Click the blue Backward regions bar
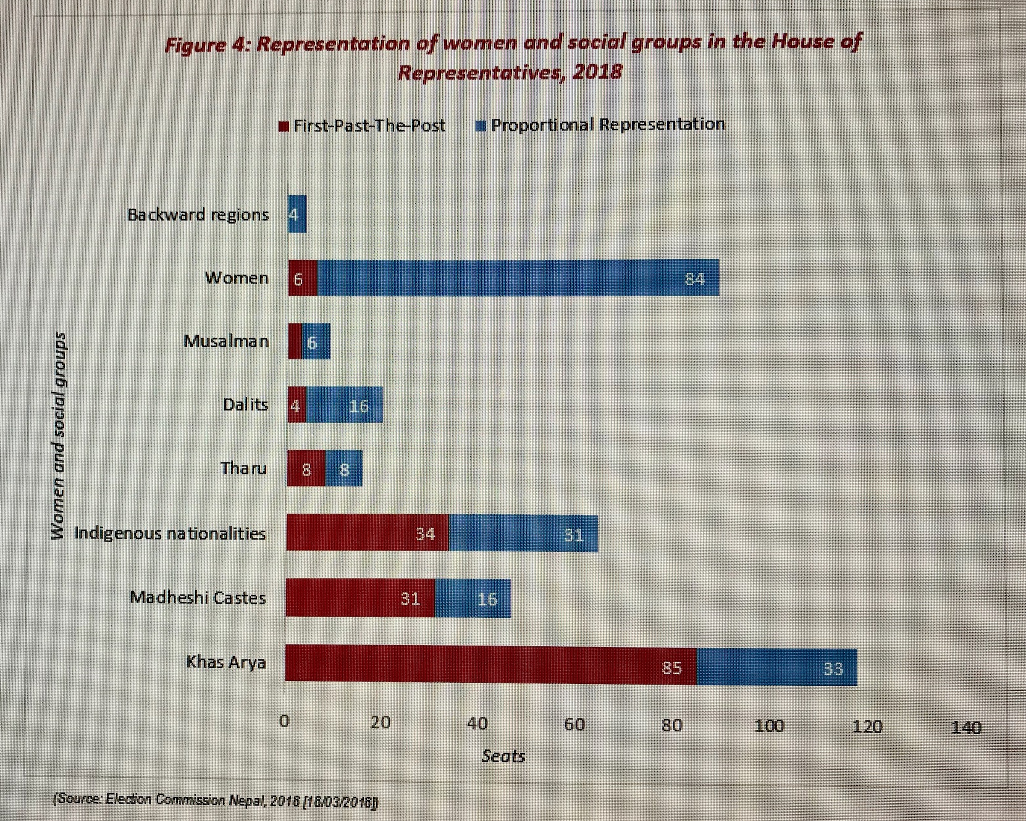pyautogui.click(x=297, y=214)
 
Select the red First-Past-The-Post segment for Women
pyautogui.click(x=303, y=278)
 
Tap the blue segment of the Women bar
pyautogui.click(x=518, y=278)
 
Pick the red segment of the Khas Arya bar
pyautogui.click(x=490, y=665)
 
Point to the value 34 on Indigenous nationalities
pyautogui.click(x=425, y=533)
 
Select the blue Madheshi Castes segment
pyautogui.click(x=473, y=598)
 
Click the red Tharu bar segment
pyautogui.click(x=306, y=469)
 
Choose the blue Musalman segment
pyautogui.click(x=316, y=341)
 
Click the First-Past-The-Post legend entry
pyautogui.click(x=363, y=126)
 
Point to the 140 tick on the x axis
pyautogui.click(x=965, y=727)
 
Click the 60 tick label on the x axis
pyautogui.click(x=574, y=724)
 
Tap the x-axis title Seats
pyautogui.click(x=503, y=756)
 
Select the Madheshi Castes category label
pyautogui.click(x=198, y=598)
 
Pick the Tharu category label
pyautogui.click(x=244, y=468)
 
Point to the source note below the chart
pyautogui.click(x=216, y=800)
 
